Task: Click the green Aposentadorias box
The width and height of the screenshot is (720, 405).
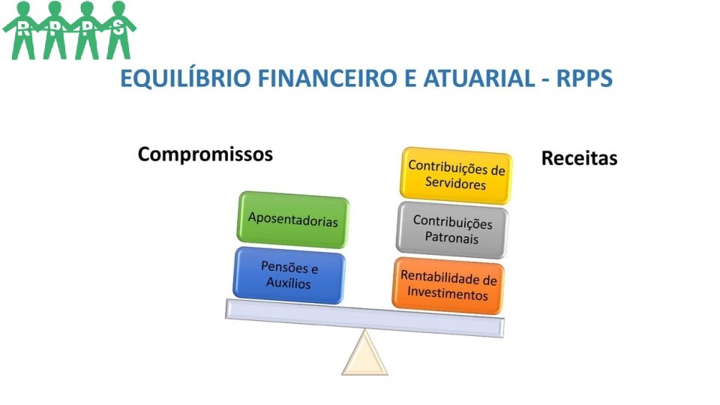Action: click(x=293, y=220)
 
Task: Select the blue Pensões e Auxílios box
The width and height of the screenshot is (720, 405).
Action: click(x=289, y=275)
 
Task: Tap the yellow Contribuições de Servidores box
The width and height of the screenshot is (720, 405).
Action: click(x=456, y=175)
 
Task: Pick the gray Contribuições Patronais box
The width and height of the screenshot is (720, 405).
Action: click(x=452, y=230)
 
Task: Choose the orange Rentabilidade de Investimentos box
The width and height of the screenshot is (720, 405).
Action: click(x=448, y=286)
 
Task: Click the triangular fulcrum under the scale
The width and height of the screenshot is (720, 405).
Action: click(x=364, y=353)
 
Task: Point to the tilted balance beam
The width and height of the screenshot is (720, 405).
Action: click(x=364, y=318)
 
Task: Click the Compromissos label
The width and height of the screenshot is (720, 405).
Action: click(x=205, y=154)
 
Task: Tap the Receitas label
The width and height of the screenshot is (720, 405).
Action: click(x=580, y=158)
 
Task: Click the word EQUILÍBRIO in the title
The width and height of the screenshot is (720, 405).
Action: click(x=185, y=79)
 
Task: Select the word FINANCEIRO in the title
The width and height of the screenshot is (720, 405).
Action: click(x=327, y=78)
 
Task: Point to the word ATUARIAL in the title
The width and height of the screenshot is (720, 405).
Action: click(x=479, y=78)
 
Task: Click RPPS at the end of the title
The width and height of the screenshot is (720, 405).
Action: click(x=584, y=78)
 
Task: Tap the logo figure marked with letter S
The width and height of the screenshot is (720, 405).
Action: click(x=119, y=30)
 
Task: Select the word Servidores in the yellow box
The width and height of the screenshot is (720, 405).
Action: click(x=455, y=183)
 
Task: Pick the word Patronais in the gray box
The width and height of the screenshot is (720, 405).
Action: click(x=451, y=238)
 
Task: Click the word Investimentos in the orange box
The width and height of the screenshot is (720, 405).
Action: click(x=448, y=293)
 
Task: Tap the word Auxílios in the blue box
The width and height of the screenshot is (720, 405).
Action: click(x=288, y=283)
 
